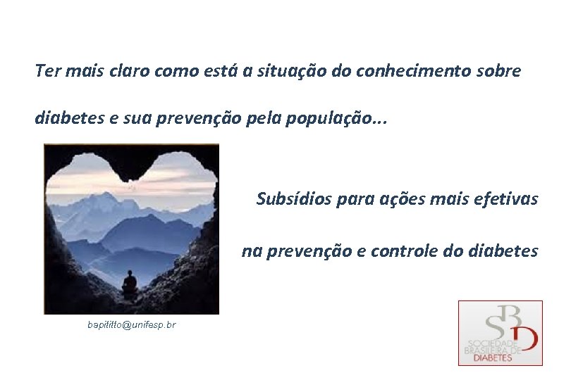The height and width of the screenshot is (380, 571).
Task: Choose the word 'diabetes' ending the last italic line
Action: [x=503, y=251]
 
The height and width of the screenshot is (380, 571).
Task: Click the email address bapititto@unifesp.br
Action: [x=132, y=324]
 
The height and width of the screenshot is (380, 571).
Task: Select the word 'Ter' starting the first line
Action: [x=47, y=71]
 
